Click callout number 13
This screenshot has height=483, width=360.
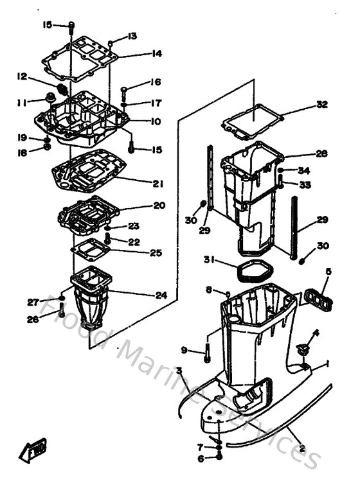[x=132, y=36]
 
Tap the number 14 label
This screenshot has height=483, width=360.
[x=157, y=54]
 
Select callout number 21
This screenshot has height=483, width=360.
[x=158, y=184]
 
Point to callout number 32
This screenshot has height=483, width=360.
[x=321, y=105]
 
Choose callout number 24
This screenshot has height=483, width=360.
[x=161, y=295]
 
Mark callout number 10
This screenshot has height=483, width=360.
[x=156, y=121]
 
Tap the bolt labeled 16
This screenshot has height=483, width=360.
[x=125, y=91]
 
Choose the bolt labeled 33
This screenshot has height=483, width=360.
[x=282, y=182]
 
